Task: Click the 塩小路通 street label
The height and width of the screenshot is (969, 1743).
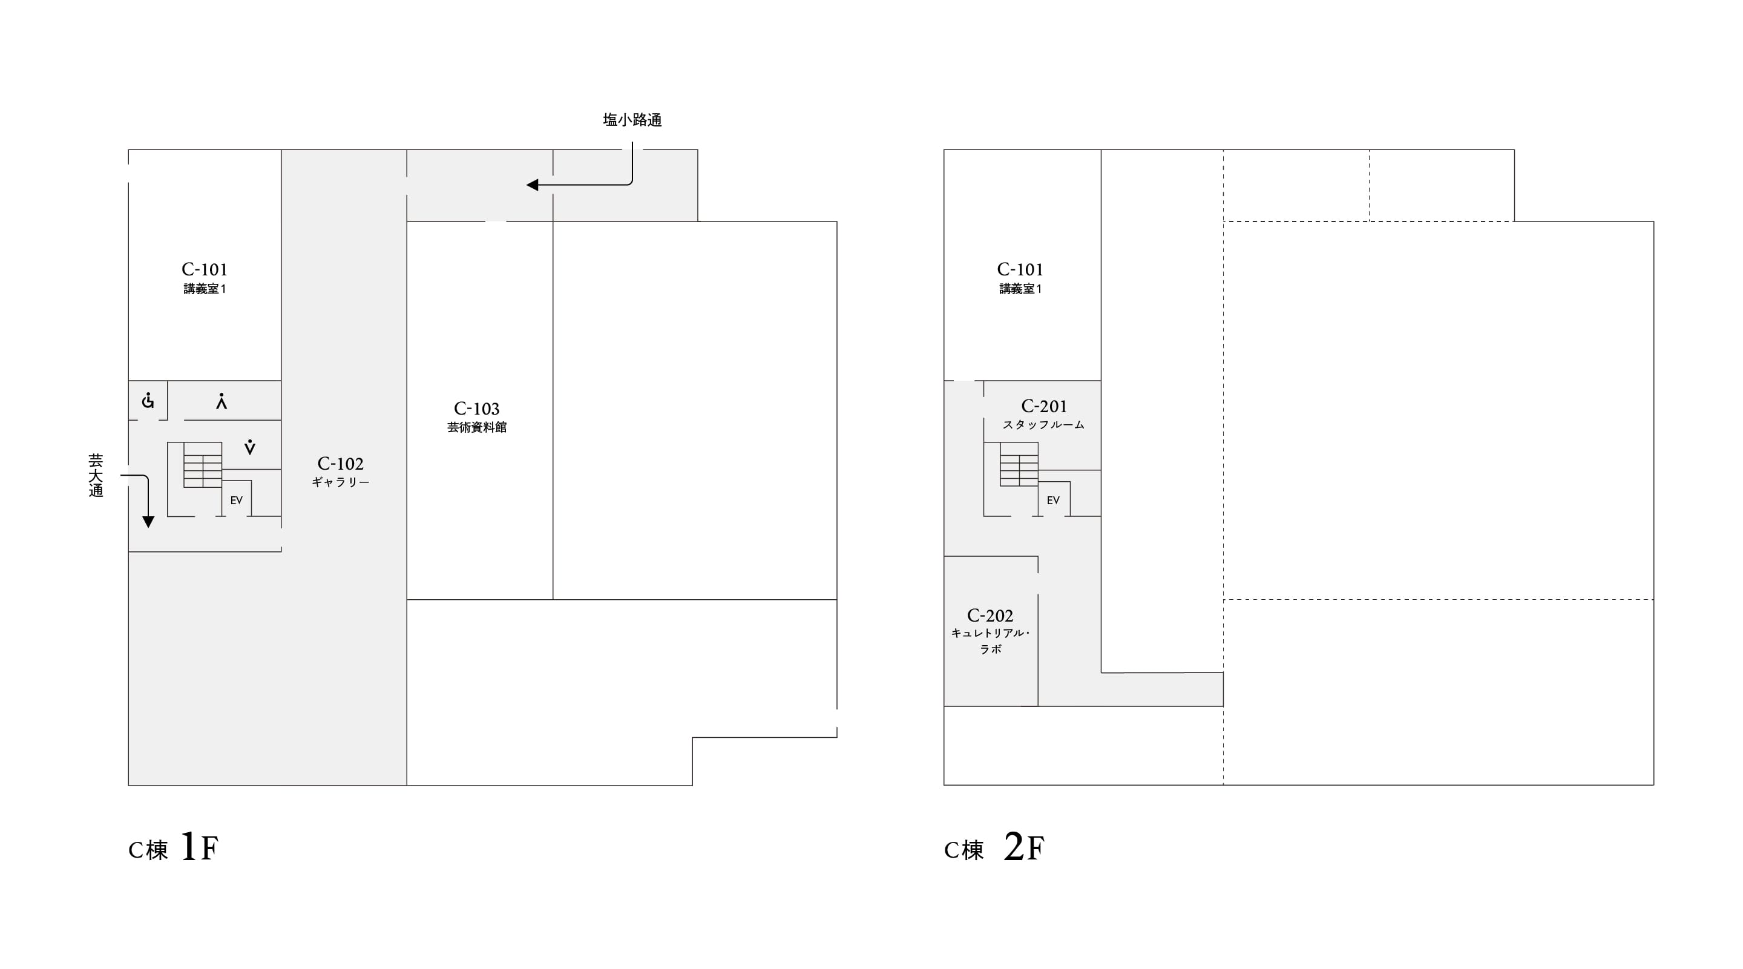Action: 632,120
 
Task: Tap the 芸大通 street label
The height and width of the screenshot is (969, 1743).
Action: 96,476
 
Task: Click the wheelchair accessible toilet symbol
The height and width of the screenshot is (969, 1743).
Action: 148,401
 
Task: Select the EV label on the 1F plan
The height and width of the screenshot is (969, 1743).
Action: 236,501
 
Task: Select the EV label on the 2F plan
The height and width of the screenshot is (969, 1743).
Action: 1053,501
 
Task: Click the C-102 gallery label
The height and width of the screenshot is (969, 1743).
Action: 340,464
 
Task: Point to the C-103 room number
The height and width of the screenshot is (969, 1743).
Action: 476,409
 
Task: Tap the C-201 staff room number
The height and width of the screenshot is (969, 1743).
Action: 1044,406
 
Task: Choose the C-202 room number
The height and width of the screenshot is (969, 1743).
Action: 990,616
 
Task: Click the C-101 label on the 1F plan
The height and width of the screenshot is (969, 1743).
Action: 205,269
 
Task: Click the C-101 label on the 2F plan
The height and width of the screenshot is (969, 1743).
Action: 1020,269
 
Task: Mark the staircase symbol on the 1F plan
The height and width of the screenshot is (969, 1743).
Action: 202,465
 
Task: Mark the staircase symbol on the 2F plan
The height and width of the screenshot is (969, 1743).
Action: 1019,465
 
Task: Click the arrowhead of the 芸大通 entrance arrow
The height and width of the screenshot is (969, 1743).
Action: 148,522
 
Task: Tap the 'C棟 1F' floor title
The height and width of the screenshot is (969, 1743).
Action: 173,847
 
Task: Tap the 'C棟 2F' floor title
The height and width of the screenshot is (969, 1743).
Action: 994,847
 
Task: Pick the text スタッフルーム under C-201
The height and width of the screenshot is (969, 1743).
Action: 1043,425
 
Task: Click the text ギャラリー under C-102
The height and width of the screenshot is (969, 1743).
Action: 340,482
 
